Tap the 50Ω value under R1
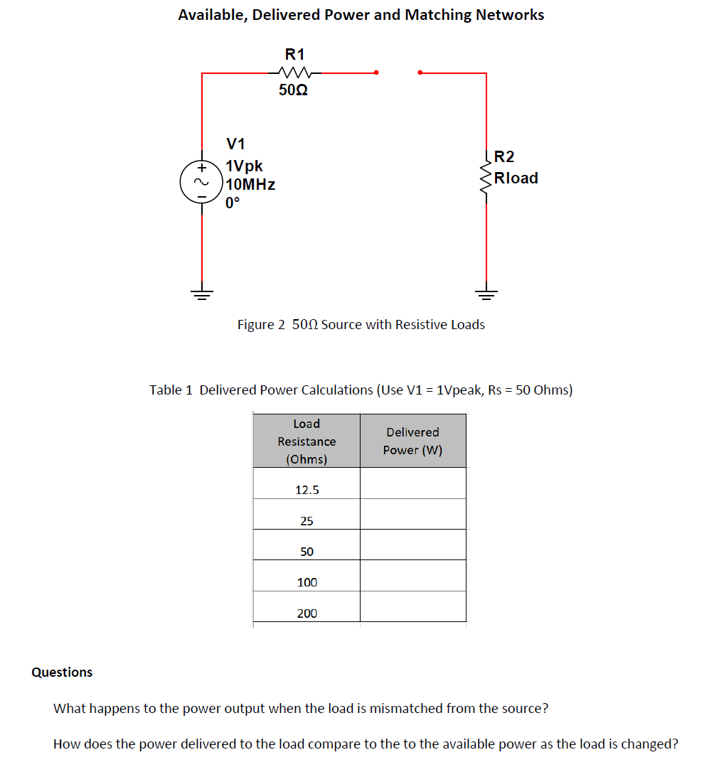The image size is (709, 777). point(293,91)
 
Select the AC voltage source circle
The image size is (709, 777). point(201,181)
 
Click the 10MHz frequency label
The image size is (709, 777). point(250,185)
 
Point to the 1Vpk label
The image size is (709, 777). point(244,166)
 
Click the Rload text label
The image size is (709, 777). point(516,178)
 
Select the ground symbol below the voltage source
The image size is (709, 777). point(202,294)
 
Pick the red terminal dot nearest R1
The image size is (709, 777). point(377,72)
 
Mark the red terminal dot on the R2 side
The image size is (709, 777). point(420,72)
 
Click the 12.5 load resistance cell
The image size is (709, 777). point(306,490)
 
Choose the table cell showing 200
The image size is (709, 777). point(306,613)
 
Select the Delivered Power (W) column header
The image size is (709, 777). point(412,441)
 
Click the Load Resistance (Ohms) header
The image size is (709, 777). point(306,441)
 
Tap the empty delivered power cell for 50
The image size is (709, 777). point(412,552)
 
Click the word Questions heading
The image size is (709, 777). point(62,672)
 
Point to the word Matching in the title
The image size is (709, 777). point(435,15)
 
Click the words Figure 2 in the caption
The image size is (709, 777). point(261,325)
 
